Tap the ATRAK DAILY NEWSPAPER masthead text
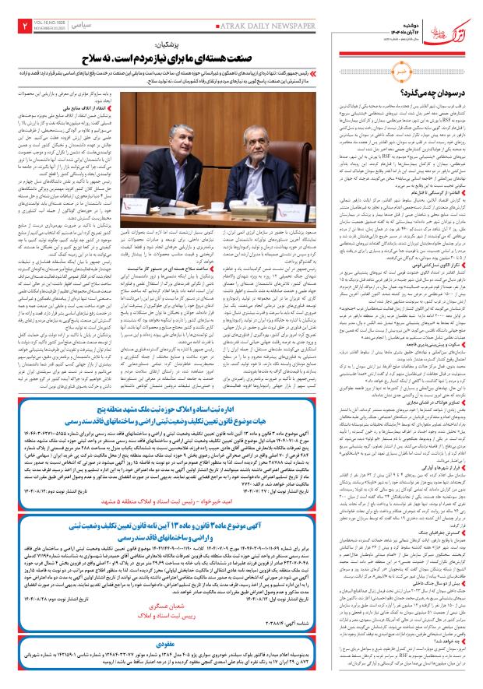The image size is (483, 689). click(264, 26)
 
